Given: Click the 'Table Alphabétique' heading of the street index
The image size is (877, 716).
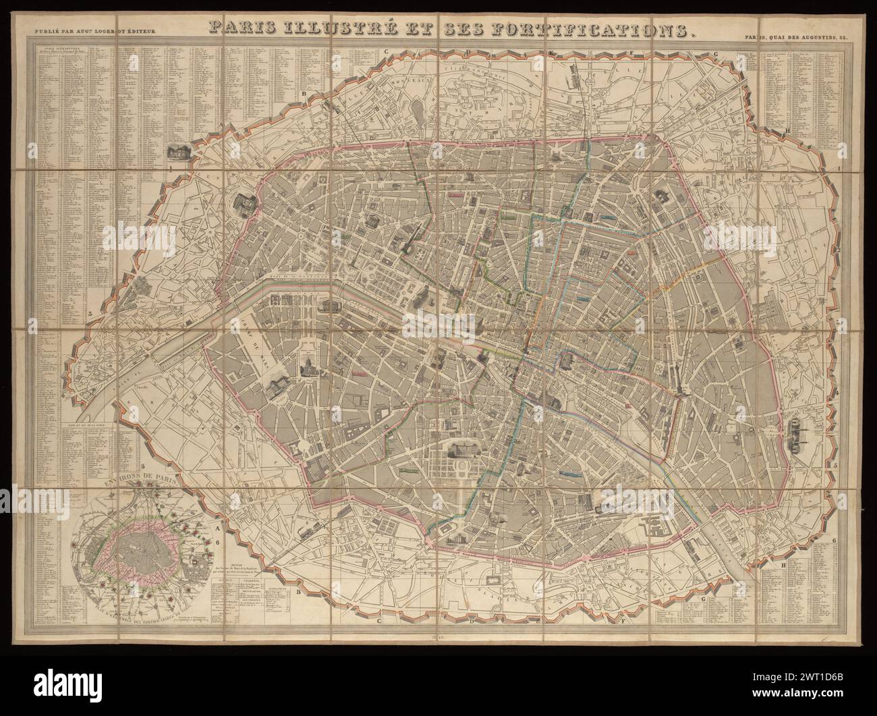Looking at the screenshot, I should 55,50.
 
